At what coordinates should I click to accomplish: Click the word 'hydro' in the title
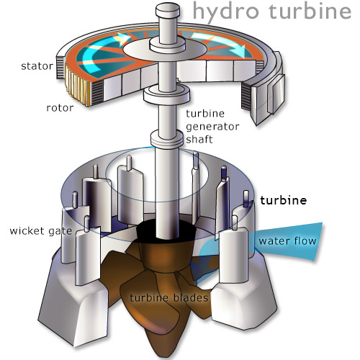pos(226,12)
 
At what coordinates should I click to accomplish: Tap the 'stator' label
pos(37,66)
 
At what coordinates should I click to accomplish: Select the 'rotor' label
pos(60,108)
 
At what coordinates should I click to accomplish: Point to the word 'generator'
pos(212,127)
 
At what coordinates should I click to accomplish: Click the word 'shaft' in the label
pos(199,139)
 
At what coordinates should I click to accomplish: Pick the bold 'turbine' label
pos(284,200)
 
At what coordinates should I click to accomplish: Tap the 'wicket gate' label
pos(41,231)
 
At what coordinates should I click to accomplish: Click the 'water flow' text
pos(287,241)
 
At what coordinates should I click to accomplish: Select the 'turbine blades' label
pos(169,298)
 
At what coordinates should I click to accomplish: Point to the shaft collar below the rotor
pos(167,94)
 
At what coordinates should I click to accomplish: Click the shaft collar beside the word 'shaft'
pos(167,138)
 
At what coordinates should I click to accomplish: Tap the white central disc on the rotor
pos(165,49)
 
